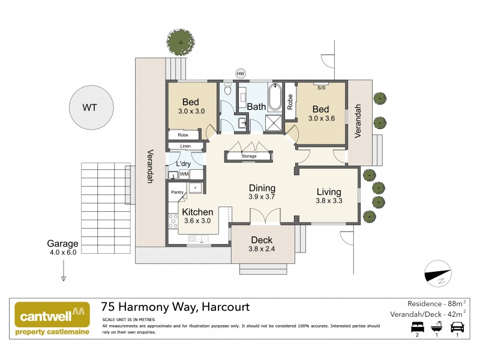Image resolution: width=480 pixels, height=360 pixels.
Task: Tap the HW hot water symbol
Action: tap(241, 74)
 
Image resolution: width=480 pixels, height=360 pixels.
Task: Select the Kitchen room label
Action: tap(197, 212)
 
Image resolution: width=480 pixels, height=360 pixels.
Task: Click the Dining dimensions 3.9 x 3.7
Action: tap(262, 197)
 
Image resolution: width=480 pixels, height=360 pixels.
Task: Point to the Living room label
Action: tap(329, 192)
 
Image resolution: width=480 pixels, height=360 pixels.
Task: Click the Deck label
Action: tap(262, 240)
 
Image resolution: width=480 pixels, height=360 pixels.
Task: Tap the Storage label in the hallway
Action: tap(248, 156)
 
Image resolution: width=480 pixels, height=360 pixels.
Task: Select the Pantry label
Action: tap(177, 192)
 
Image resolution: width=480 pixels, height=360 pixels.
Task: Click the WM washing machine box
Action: tap(184, 175)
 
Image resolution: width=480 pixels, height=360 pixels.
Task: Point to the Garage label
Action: tap(63, 244)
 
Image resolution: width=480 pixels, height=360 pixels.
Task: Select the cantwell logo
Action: tap(52, 319)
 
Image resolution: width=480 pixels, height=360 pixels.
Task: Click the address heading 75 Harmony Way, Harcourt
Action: tap(175, 307)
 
